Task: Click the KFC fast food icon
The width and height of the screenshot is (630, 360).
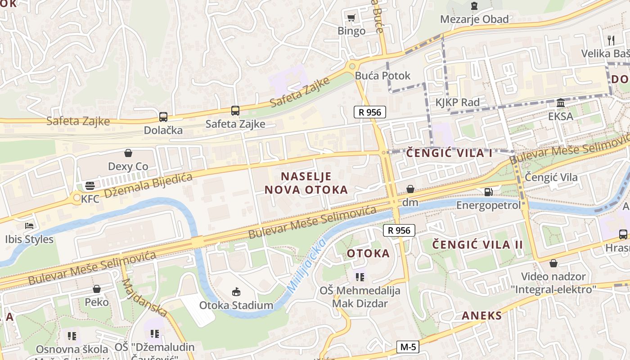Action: (x=90, y=186)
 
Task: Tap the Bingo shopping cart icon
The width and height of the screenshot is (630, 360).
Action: (x=351, y=18)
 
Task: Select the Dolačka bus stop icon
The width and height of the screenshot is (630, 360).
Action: (x=163, y=117)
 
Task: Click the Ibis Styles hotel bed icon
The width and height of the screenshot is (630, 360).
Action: (x=30, y=226)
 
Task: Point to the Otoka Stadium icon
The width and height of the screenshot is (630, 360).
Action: (x=236, y=292)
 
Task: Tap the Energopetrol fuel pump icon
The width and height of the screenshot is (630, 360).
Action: (x=488, y=192)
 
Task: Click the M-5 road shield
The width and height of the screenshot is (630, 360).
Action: (x=408, y=347)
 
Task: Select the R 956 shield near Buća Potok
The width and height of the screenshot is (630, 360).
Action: (x=370, y=112)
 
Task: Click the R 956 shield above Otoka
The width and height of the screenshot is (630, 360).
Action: (x=399, y=230)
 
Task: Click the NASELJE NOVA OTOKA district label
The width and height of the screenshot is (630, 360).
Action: (x=306, y=183)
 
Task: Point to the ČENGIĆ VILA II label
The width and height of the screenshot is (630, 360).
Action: (x=477, y=245)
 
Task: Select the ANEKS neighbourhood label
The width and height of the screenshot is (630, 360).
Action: (x=481, y=315)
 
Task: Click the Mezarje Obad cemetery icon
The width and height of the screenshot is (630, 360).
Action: (x=474, y=6)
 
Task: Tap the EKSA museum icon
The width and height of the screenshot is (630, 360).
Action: (x=561, y=103)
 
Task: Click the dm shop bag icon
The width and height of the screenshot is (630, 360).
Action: (x=410, y=189)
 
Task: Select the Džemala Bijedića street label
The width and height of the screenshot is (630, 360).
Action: (x=148, y=185)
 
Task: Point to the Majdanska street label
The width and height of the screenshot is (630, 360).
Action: (x=144, y=297)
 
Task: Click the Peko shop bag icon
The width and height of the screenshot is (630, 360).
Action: (x=97, y=289)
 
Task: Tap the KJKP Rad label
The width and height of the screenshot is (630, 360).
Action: (x=457, y=102)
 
